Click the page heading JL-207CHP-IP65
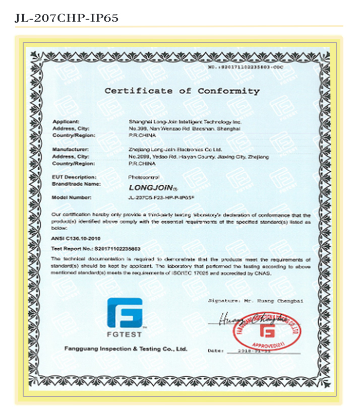[67, 19]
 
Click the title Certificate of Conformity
[182, 91]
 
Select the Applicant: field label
[66, 122]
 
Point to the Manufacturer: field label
[71, 150]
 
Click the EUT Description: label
[74, 177]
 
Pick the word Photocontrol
[143, 177]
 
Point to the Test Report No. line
[96, 249]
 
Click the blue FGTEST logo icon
[125, 313]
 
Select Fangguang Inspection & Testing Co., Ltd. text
[126, 349]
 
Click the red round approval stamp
[267, 332]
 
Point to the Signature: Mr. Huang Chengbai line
[255, 300]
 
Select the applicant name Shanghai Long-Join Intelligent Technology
[186, 122]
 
